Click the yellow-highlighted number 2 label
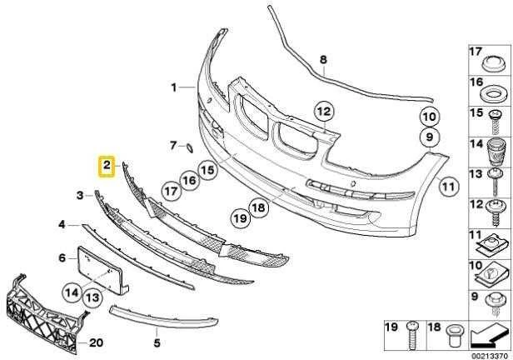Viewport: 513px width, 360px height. tap(107, 166)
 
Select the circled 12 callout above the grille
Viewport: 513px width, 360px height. tap(324, 112)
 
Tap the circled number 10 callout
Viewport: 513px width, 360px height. tap(430, 117)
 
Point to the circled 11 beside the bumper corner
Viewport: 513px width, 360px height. tap(448, 187)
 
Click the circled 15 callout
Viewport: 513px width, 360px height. tap(207, 170)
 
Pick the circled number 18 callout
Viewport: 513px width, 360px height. tap(258, 207)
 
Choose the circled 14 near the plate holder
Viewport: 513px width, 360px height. tap(72, 292)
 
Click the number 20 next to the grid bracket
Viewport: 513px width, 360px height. tap(97, 343)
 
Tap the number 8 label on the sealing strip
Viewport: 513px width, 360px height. tap(323, 60)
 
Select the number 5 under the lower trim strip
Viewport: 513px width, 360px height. tap(157, 343)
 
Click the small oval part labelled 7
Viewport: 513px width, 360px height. tap(189, 148)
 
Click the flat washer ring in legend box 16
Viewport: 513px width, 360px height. tap(492, 94)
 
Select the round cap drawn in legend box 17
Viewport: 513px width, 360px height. tap(493, 63)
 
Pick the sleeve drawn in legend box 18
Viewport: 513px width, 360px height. tap(453, 337)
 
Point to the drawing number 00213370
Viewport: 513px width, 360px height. tap(489, 356)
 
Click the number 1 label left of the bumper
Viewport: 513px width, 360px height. tap(174, 87)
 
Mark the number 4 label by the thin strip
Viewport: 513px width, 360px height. tap(62, 225)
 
